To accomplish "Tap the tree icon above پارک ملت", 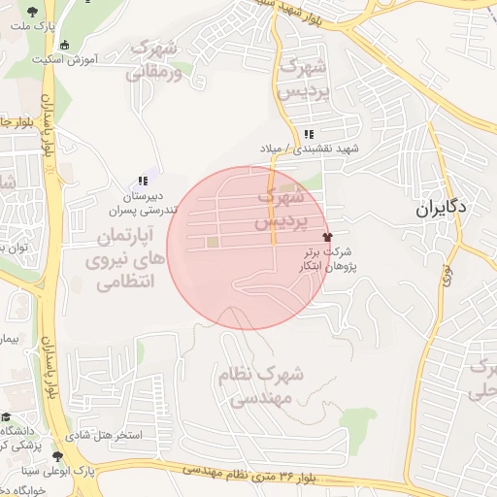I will point(34,12).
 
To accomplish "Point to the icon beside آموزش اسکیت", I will point(65,44).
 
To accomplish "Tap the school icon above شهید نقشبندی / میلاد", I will point(309,134).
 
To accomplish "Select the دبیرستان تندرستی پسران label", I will point(142,202).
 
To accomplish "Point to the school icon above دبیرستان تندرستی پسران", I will point(143,181).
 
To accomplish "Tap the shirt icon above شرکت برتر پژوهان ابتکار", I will point(326,235).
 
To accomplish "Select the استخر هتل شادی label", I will point(107,435).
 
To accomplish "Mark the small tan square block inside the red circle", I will point(212,242).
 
